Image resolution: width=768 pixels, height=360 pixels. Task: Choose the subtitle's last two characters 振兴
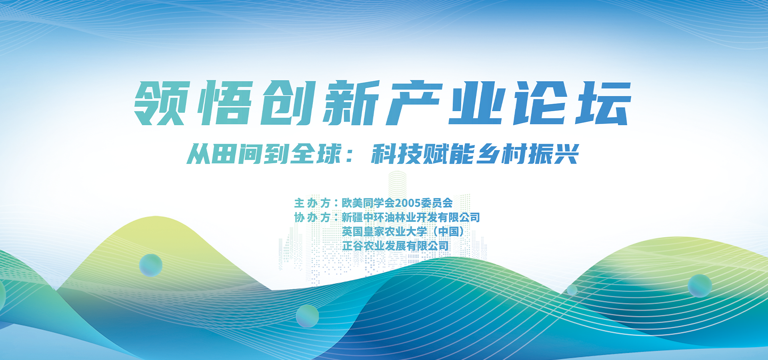pyautogui.click(x=554, y=154)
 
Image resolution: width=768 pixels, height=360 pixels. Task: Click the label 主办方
pyautogui.click(x=312, y=203)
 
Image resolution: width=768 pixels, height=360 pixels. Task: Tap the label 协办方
pyautogui.click(x=312, y=218)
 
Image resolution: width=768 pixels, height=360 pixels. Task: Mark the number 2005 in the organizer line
pyautogui.click(x=407, y=203)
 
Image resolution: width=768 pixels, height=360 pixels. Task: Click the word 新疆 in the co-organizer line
pyautogui.click(x=352, y=218)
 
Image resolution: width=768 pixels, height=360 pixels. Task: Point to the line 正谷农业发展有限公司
pyautogui.click(x=396, y=246)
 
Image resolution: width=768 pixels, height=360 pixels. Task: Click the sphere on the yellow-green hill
pyautogui.click(x=151, y=265)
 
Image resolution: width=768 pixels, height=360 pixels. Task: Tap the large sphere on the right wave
pyautogui.click(x=700, y=286)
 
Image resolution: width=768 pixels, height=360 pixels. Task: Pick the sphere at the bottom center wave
pyautogui.click(x=307, y=316)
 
